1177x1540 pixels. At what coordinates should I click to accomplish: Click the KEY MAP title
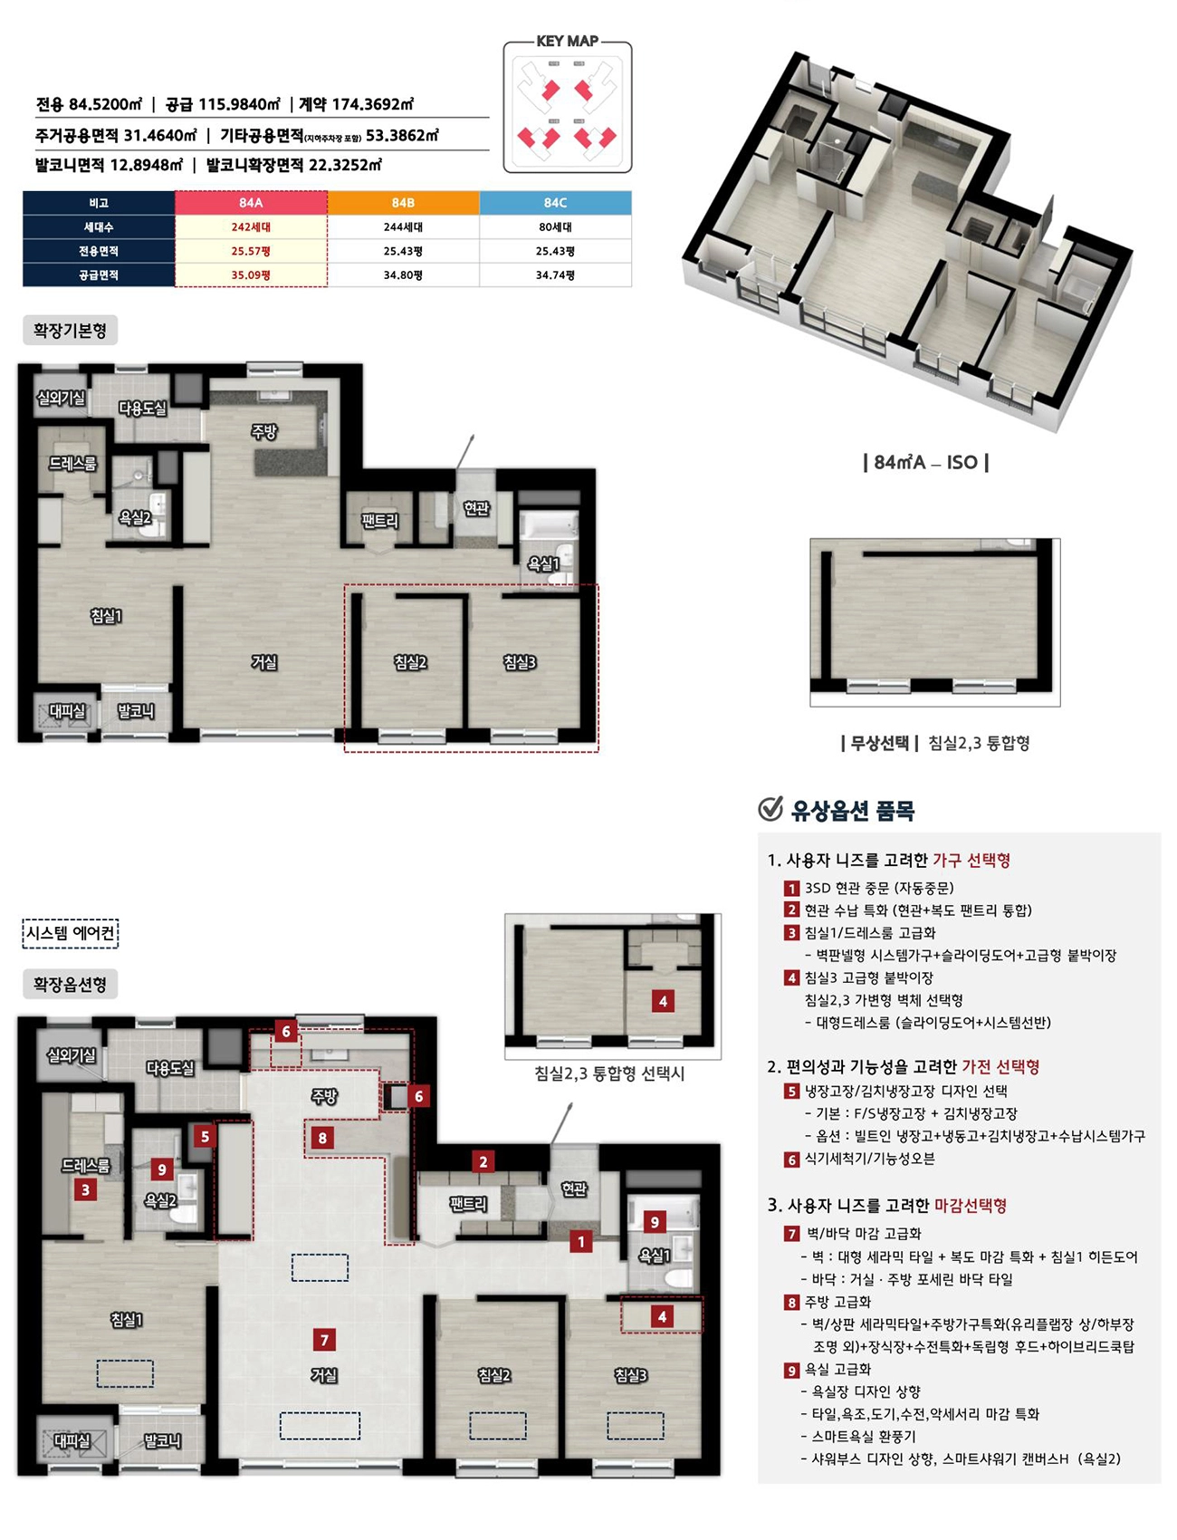(567, 41)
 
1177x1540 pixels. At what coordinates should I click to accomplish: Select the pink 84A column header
(251, 203)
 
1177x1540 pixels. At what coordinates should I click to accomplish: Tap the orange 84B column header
(403, 203)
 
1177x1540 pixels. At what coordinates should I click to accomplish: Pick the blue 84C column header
(555, 203)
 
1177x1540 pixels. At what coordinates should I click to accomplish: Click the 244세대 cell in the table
(403, 227)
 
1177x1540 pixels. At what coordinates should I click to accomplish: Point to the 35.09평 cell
(251, 274)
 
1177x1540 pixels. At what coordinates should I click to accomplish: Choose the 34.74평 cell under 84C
(555, 274)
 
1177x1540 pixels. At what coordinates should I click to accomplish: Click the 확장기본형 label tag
(70, 331)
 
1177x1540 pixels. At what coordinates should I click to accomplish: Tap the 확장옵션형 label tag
(70, 985)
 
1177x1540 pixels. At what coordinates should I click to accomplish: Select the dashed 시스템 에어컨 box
(71, 933)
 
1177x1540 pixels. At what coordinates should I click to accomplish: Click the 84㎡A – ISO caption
(925, 462)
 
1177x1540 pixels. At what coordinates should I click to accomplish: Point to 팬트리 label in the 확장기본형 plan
(379, 520)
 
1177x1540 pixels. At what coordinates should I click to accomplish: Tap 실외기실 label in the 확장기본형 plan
(61, 398)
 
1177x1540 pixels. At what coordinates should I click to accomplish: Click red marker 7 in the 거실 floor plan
(324, 1339)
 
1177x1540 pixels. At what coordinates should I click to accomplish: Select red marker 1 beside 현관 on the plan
(580, 1242)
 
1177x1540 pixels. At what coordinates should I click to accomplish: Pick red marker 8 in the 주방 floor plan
(322, 1137)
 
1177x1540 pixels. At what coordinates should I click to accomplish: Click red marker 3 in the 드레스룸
(86, 1189)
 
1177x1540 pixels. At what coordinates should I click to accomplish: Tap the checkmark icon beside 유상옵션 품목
(770, 808)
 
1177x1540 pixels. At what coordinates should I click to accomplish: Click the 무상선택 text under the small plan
(879, 743)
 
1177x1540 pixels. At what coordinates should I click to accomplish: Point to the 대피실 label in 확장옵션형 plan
(72, 1440)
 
